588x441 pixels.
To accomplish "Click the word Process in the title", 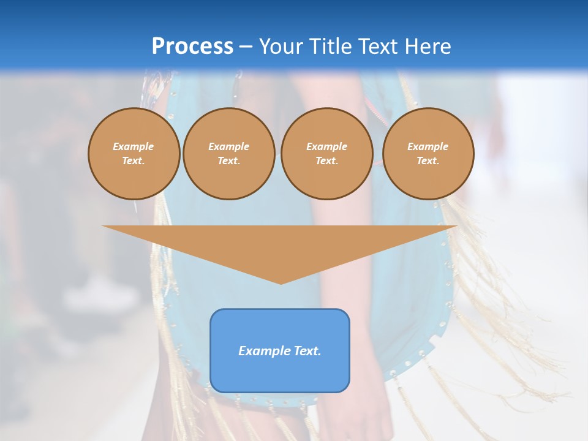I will (x=192, y=46).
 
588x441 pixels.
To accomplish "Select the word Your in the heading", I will (x=281, y=46).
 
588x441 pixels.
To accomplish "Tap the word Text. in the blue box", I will (x=307, y=351).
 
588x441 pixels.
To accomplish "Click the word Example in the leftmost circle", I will (x=134, y=146).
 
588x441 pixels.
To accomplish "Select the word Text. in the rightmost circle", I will (x=428, y=160).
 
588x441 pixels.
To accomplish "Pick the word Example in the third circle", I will (x=326, y=146).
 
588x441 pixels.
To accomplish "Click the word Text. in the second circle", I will (x=228, y=160).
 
